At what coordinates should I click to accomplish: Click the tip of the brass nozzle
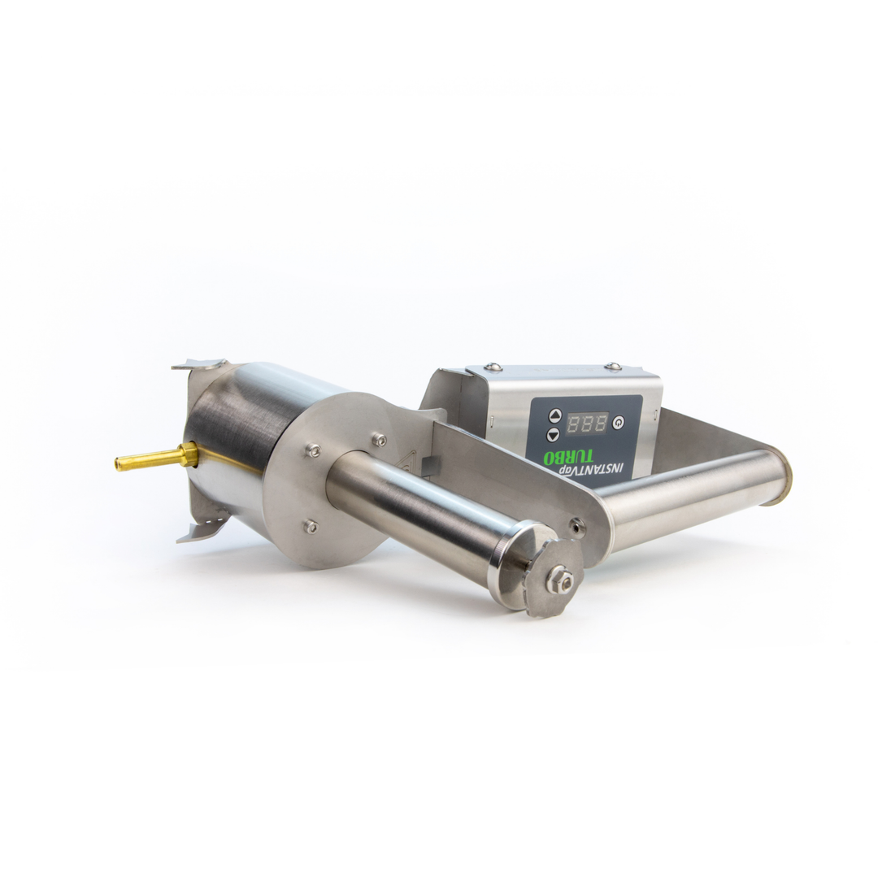pyautogui.click(x=119, y=464)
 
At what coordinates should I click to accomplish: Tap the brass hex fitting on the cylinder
pyautogui.click(x=189, y=454)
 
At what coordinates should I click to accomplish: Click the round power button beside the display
pyautogui.click(x=619, y=423)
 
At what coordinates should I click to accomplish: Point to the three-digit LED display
pyautogui.click(x=587, y=423)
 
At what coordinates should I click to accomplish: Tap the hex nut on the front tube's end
pyautogui.click(x=560, y=580)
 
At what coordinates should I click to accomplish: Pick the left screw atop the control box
pyautogui.click(x=490, y=367)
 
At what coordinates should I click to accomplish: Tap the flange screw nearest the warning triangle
pyautogui.click(x=378, y=440)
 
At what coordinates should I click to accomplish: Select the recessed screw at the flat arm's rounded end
pyautogui.click(x=576, y=527)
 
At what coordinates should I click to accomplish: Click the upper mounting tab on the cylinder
pyautogui.click(x=198, y=365)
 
